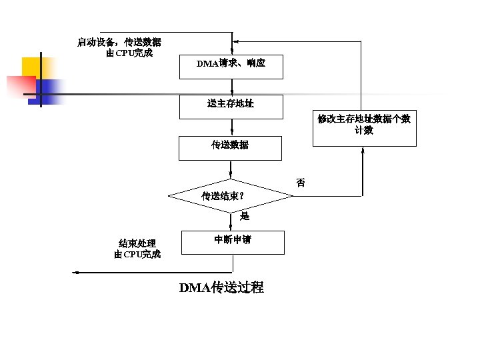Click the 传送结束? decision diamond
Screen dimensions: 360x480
pos(231,196)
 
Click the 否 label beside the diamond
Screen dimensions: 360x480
pos(301,183)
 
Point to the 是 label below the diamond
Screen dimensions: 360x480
pos(244,216)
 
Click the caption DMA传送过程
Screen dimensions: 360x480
pos(221,288)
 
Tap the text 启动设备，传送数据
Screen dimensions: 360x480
pos(119,42)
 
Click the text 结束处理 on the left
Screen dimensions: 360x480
pos(137,243)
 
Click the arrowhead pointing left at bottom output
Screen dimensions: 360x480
pos(76,273)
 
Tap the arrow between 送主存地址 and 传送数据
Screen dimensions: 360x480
pos(231,128)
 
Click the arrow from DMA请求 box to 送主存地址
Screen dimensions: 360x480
pos(231,87)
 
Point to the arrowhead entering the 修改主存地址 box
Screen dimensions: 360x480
pos(363,150)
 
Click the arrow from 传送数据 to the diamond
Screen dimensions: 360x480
pos(231,170)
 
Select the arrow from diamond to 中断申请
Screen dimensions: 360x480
pos(231,222)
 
